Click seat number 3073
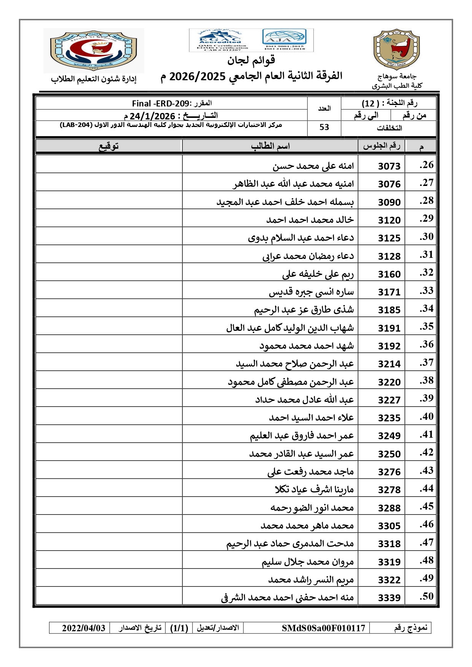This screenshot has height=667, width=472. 389,166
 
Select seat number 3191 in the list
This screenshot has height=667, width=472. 389,328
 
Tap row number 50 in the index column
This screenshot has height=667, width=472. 426,596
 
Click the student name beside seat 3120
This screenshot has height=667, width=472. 310,220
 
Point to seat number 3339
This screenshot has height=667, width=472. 389,598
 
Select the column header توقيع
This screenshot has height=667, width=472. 109,146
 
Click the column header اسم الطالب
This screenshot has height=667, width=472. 270,146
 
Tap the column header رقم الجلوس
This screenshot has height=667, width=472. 381,146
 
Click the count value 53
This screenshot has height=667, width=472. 324,127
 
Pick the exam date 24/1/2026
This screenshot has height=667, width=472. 152,116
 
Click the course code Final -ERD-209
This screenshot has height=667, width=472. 161,103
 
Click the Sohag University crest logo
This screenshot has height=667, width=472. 396,49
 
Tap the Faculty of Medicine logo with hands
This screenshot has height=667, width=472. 94,50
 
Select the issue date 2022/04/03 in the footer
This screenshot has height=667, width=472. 84,628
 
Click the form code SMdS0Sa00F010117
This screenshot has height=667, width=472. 323,628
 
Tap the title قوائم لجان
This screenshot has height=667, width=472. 251,60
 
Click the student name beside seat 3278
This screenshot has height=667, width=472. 314,489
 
